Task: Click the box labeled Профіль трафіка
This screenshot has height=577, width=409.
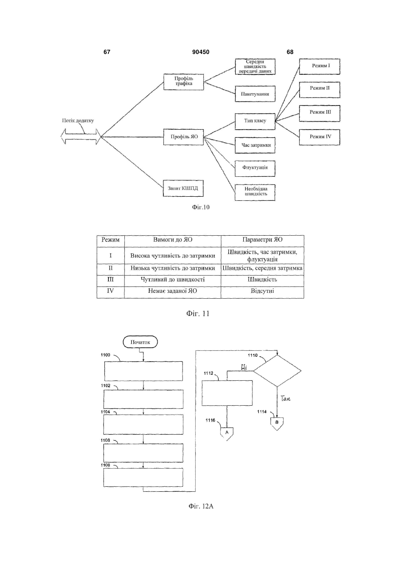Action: click(x=183, y=82)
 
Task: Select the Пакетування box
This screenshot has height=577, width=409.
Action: click(x=255, y=94)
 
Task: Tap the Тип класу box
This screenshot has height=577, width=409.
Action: click(x=255, y=121)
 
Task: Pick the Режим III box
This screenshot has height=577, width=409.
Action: click(x=320, y=113)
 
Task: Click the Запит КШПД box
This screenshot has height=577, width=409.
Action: click(x=183, y=188)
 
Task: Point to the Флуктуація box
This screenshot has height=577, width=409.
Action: click(x=255, y=169)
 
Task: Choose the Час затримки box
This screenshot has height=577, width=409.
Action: click(x=255, y=145)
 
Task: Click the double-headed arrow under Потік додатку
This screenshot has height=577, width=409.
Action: click(x=80, y=136)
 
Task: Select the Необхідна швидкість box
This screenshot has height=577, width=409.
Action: click(x=255, y=193)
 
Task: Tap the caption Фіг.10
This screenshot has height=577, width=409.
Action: click(x=201, y=207)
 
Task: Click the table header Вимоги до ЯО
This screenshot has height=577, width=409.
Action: click(x=172, y=240)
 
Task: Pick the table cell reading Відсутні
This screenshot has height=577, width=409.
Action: click(x=262, y=291)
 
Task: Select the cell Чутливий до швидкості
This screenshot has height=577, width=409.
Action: click(x=172, y=280)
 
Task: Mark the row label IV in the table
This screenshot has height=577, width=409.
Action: click(x=110, y=291)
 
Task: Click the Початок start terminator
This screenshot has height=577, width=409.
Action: click(x=140, y=342)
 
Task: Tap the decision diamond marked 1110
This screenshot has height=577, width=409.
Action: click(x=277, y=371)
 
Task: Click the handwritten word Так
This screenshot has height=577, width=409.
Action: click(x=286, y=399)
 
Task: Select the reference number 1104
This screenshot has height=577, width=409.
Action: click(x=105, y=412)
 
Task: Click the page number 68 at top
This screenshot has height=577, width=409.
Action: click(x=290, y=52)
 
